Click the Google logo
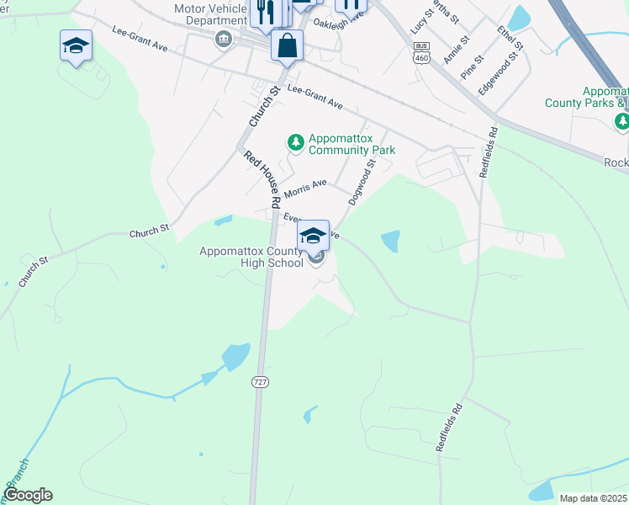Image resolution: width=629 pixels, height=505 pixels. pyautogui.click(x=28, y=495)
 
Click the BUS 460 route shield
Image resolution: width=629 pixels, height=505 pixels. pyautogui.click(x=422, y=52)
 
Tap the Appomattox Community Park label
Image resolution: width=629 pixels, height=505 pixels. pyautogui.click(x=351, y=144)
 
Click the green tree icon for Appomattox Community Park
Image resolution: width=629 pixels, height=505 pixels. pyautogui.click(x=295, y=141)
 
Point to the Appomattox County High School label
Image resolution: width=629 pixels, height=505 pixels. pyautogui.click(x=251, y=257)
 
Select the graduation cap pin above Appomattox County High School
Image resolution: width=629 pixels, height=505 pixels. pyautogui.click(x=314, y=236)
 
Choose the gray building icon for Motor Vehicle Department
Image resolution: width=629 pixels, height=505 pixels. pyautogui.click(x=224, y=39)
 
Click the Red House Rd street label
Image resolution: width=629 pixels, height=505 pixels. pyautogui.click(x=262, y=179)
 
